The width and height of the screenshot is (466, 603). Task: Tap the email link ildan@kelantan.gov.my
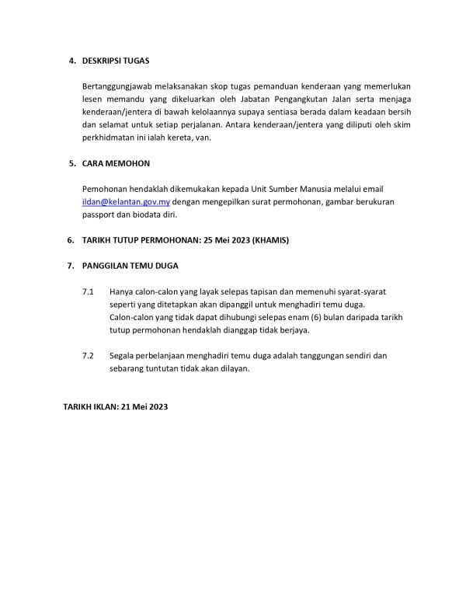pos(125,201)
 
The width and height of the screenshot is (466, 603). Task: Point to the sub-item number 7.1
pos(87,291)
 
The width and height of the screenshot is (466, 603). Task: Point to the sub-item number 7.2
pos(87,355)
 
